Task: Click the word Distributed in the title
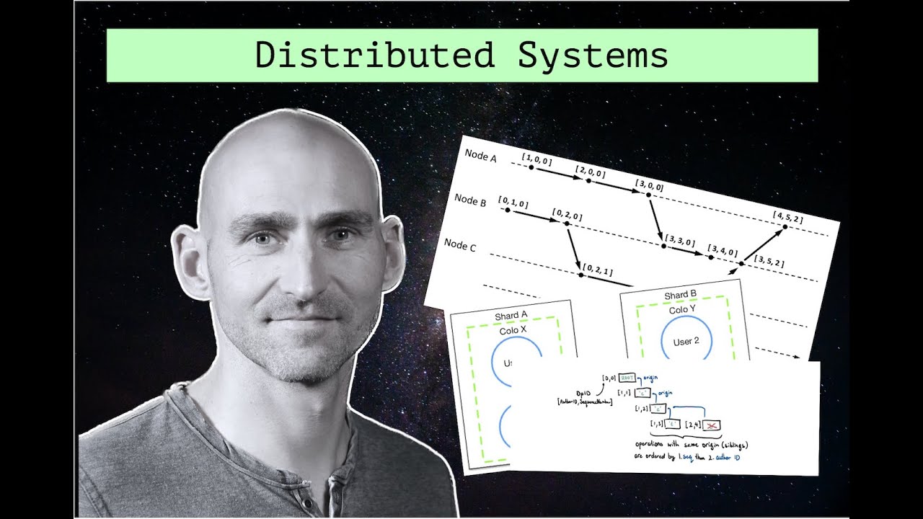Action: point(375,56)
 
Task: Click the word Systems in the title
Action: point(593,56)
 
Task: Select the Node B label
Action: point(470,200)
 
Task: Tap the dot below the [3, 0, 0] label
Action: point(648,194)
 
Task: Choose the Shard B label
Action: point(680,296)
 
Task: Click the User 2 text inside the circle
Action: point(686,341)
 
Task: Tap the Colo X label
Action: point(513,331)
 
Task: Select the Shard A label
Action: point(511,316)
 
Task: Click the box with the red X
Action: point(712,426)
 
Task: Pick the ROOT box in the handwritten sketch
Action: point(626,376)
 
